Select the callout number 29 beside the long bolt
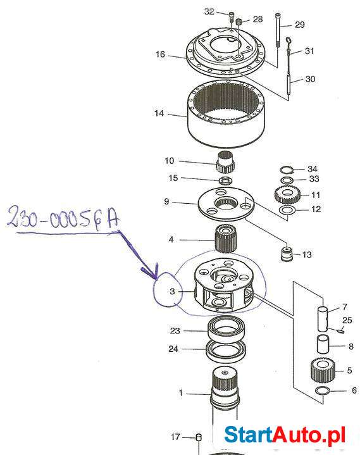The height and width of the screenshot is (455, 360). tap(300, 25)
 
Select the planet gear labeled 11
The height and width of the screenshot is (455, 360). tap(285, 196)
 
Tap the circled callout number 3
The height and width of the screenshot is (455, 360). tap(171, 292)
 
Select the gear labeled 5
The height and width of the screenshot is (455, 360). tap(323, 370)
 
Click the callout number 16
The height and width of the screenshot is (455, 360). tap(160, 55)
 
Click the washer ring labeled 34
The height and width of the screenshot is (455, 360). tap(287, 170)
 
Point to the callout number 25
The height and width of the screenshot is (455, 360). tap(347, 320)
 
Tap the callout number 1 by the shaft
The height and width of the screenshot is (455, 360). tap(180, 393)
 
